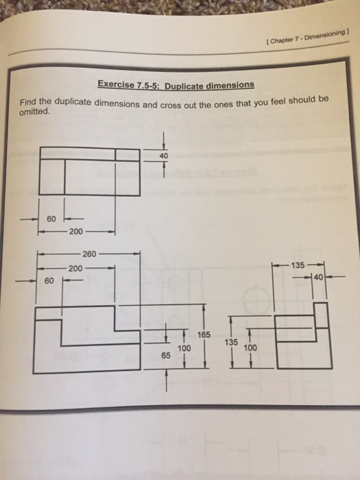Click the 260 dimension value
pyautogui.click(x=90, y=254)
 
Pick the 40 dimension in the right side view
pyautogui.click(x=317, y=278)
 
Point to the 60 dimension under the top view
pyautogui.click(x=51, y=219)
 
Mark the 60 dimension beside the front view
pyautogui.click(x=48, y=280)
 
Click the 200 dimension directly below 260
pyautogui.click(x=75, y=267)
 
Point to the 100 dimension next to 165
pyautogui.click(x=184, y=348)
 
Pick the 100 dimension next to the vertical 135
pyautogui.click(x=250, y=348)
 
